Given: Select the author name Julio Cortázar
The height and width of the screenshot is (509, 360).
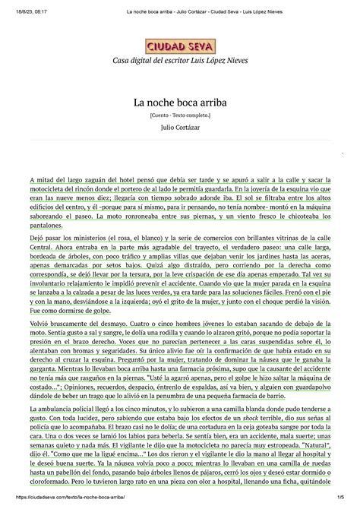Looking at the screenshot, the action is (x=180, y=134).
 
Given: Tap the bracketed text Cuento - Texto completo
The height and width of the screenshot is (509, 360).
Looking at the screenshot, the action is (x=180, y=118).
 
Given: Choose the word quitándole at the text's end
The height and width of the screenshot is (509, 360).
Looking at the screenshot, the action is (x=317, y=484).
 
